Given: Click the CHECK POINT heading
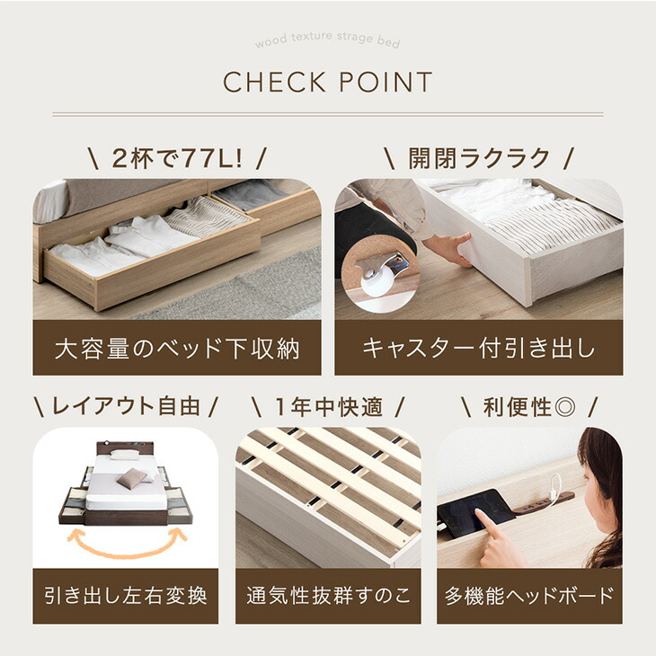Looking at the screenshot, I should pos(327,83).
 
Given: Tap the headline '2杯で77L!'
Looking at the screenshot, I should pos(177,159).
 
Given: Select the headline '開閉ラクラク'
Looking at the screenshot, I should pos(479,159).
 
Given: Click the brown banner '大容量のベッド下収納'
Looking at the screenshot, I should pos(177,348).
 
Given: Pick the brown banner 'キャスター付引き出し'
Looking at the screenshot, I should pos(479,348).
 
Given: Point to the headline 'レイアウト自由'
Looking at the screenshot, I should pos(125,406).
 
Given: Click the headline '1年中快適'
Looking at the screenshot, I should pos(327,406).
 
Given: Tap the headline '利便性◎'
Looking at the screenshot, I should pos(529,406).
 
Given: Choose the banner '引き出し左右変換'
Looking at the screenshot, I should pos(125,595).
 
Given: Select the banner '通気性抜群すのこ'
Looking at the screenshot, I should pos(327,595).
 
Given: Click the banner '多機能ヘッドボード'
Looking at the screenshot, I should pos(529,595).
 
